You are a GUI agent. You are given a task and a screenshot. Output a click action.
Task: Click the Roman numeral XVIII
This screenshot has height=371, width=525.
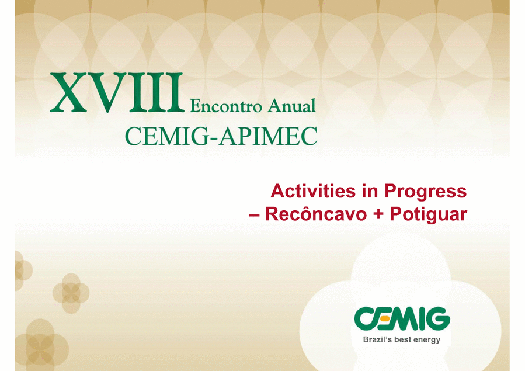point(117,92)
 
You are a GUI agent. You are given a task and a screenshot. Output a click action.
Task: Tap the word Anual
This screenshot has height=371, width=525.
point(291,106)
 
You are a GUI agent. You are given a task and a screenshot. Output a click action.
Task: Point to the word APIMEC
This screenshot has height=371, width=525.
point(269,136)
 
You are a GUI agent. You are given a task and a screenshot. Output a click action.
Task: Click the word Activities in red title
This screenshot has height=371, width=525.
point(313,191)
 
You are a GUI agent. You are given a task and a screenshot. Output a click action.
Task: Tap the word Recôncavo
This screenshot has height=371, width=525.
point(316,214)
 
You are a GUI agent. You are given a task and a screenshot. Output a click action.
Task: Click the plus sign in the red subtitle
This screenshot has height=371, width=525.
point(378,214)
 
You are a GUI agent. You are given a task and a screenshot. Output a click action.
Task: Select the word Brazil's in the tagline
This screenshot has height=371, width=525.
point(378,339)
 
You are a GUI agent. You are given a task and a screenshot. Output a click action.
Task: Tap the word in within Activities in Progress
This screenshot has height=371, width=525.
point(370,191)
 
